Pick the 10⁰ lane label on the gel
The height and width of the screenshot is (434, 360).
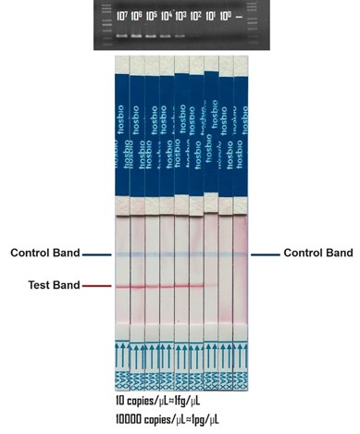tap(226, 16)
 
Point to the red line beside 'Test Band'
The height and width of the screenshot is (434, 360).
tap(97, 287)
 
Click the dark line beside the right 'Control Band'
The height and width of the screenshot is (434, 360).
tap(265, 254)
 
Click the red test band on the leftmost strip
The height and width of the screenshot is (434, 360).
tap(122, 287)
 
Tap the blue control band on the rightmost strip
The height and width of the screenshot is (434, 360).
tap(241, 254)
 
